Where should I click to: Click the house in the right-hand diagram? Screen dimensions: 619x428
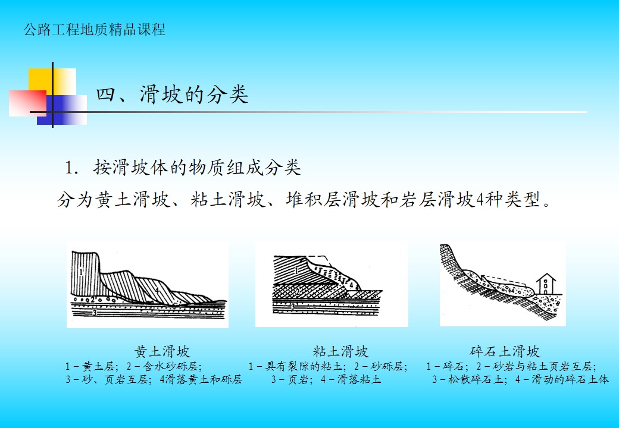tap(546, 284)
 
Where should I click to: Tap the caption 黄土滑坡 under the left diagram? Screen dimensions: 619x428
tap(162, 351)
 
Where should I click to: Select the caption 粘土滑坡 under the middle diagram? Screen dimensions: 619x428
tap(340, 351)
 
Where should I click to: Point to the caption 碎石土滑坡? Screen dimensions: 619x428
tap(505, 351)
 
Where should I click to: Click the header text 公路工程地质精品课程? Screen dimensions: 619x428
tap(95, 30)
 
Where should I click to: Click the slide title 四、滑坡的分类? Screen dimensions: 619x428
tap(172, 95)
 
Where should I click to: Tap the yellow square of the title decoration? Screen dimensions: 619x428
tap(52, 81)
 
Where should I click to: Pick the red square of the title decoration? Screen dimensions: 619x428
tap(27, 103)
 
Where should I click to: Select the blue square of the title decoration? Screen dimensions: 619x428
tap(62, 110)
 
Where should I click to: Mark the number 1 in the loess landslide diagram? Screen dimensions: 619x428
tap(80, 272)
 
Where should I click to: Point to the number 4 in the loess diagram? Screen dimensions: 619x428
tap(157, 290)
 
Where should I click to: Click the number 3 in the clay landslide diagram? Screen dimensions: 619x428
tap(292, 306)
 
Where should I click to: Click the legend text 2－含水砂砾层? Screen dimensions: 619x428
tap(164, 367)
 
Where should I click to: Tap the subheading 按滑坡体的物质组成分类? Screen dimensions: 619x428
tap(198, 168)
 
